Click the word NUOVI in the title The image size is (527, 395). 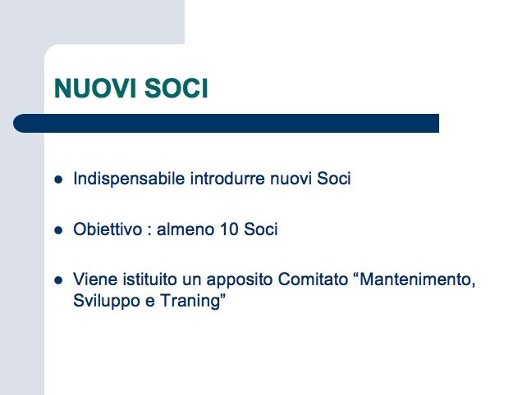95,89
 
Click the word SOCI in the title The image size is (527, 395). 176,89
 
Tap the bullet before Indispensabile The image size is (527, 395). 58,179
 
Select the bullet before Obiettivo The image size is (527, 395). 58,230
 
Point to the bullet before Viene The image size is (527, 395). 58,280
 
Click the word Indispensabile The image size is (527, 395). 129,179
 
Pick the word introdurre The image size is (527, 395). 228,178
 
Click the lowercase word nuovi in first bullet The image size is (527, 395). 291,179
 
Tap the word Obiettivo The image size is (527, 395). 108,229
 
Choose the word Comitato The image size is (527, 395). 313,279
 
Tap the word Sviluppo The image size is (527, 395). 107,301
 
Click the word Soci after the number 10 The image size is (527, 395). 261,229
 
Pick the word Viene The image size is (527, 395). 95,279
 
